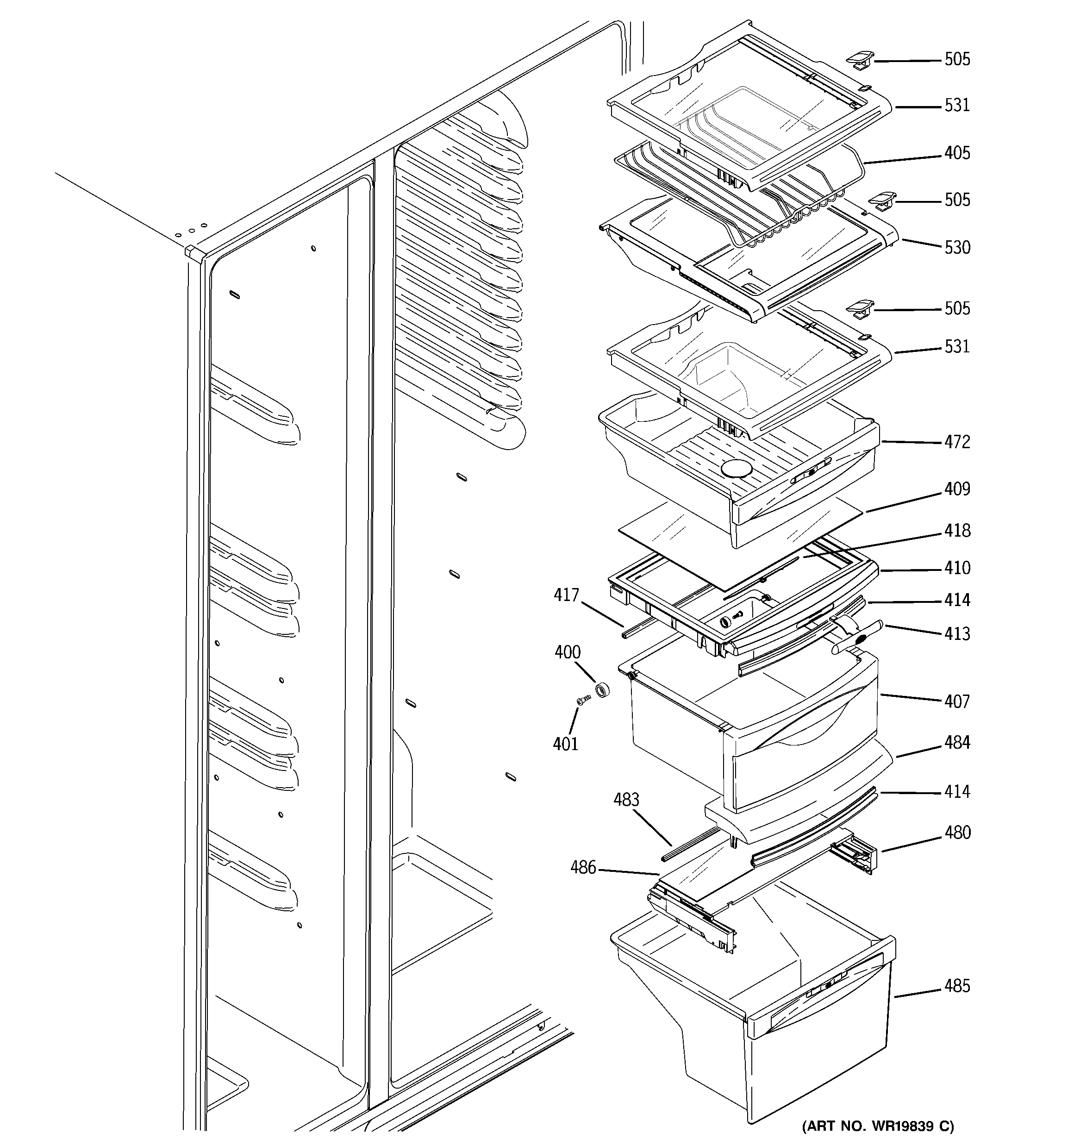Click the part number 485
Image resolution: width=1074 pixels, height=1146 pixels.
point(957,986)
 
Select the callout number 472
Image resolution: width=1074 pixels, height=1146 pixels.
point(957,442)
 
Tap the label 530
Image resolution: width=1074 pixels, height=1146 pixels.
point(957,247)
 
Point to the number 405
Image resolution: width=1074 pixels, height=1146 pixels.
point(957,153)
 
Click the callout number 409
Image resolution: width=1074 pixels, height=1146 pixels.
point(957,489)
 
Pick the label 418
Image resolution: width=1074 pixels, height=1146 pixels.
point(957,530)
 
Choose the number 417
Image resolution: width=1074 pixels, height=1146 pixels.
point(566,595)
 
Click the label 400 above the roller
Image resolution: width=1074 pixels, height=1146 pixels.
point(567,652)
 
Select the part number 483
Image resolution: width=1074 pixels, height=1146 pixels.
point(626,800)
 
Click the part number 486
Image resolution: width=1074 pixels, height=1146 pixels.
point(583,867)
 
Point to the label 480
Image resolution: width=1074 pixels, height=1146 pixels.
point(957,833)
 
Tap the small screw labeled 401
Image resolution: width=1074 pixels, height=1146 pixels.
point(583,701)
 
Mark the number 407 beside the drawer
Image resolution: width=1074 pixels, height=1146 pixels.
point(957,701)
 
